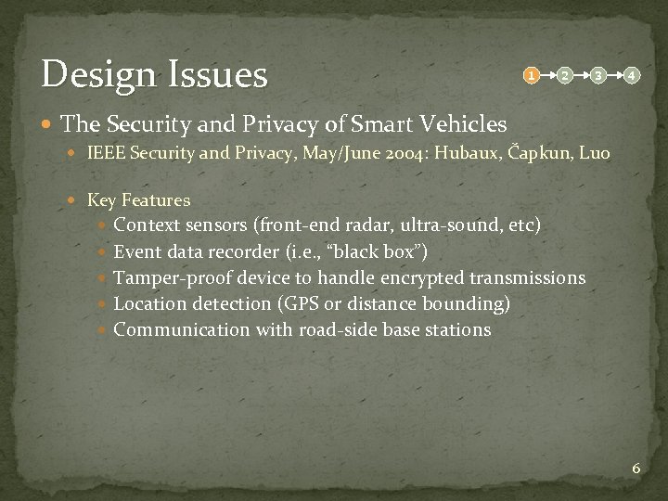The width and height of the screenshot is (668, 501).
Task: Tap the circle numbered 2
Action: click(565, 74)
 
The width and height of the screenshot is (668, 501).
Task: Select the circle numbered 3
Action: click(599, 74)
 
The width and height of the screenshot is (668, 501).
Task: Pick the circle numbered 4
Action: click(632, 74)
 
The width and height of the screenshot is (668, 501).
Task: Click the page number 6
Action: click(636, 469)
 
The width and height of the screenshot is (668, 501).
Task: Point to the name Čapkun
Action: click(541, 152)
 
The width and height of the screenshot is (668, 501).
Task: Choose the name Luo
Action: click(594, 152)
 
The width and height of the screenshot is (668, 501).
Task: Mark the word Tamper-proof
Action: click(173, 277)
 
